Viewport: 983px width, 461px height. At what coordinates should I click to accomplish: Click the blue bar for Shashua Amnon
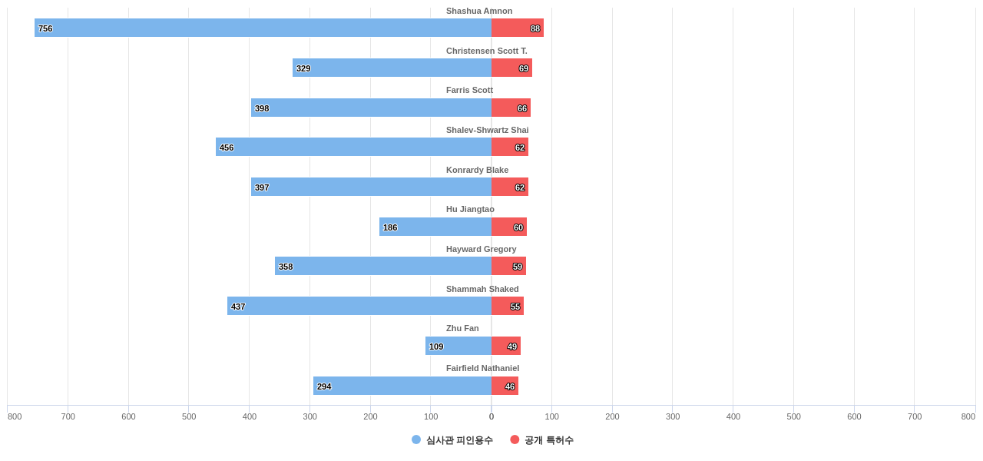[263, 28]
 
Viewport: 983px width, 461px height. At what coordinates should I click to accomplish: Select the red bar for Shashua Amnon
[518, 28]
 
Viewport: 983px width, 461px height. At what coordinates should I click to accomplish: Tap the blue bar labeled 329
[392, 68]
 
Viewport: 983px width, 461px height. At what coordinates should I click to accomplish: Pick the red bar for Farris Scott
[511, 108]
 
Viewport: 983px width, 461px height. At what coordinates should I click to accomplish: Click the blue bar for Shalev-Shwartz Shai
[353, 147]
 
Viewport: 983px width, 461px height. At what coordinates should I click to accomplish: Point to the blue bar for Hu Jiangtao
[435, 227]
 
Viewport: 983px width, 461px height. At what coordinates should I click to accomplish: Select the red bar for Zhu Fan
[506, 346]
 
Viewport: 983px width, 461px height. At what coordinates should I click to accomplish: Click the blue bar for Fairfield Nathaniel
[402, 386]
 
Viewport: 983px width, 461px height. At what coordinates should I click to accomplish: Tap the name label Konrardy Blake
[477, 170]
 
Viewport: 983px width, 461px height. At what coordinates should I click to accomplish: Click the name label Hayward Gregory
[481, 249]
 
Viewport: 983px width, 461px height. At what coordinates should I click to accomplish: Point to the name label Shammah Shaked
[482, 289]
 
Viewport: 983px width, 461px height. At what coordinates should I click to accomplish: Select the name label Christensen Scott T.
[486, 51]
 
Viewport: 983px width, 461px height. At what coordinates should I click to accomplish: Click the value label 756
[45, 28]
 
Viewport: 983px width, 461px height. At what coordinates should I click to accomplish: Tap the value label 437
[238, 307]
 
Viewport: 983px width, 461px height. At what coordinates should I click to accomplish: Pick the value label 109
[436, 347]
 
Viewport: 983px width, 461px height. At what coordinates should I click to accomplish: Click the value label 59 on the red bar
[518, 267]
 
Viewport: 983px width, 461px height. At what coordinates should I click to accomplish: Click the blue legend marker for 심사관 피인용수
[416, 439]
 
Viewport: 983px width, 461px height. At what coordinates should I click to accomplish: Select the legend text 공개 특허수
[548, 440]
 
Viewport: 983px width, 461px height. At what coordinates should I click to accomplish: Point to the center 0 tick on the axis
[491, 416]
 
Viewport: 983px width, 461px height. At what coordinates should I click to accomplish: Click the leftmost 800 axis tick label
[15, 416]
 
